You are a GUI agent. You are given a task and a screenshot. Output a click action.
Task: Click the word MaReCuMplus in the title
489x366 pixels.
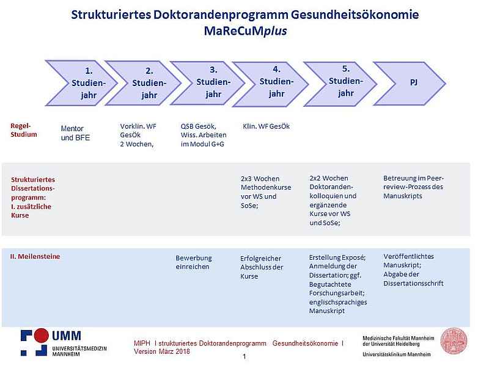click(246, 31)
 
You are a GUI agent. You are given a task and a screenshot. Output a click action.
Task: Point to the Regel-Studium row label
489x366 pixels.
click(24, 130)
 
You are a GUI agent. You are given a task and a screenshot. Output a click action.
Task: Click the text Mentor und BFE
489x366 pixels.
click(75, 133)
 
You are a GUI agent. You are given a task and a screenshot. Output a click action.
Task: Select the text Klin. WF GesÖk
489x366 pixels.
click(266, 126)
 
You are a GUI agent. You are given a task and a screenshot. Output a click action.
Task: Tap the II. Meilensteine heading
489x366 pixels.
click(35, 256)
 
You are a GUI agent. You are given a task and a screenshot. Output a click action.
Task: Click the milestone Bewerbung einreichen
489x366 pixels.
click(194, 262)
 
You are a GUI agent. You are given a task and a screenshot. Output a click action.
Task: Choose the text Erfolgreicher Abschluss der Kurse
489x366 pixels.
click(262, 267)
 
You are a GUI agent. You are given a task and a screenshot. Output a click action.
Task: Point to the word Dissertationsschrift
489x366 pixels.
click(413, 284)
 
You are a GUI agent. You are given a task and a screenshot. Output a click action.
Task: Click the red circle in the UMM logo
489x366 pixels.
click(41, 335)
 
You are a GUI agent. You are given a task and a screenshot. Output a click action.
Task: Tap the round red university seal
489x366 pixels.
click(454, 341)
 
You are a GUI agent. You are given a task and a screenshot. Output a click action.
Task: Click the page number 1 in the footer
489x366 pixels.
click(244, 356)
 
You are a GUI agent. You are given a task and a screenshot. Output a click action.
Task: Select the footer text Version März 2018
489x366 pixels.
click(162, 351)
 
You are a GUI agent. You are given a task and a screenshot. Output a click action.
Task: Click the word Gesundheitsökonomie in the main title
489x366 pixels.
click(355, 15)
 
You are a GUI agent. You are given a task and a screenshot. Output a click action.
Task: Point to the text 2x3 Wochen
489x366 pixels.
click(260, 179)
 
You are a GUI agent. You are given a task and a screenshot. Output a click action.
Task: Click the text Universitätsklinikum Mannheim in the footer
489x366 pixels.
click(396, 354)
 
